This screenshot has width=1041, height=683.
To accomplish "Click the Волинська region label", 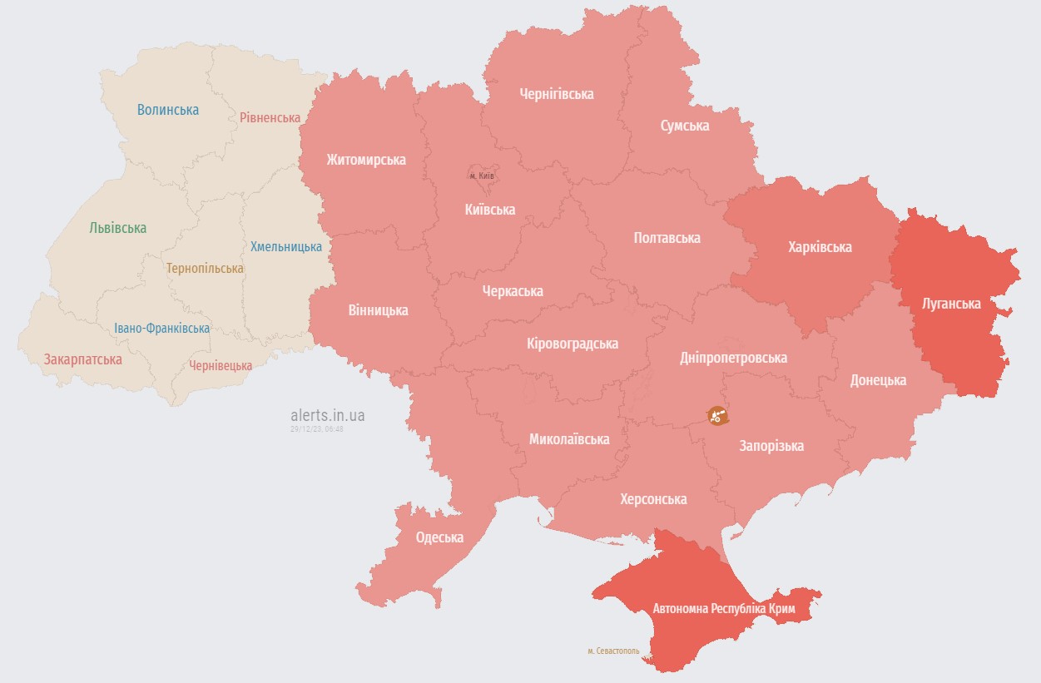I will point(168,110).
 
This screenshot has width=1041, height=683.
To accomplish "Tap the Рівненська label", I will point(270,117).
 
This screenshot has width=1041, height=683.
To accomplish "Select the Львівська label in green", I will point(117,228).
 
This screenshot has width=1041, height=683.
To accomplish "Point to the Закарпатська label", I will point(83,359).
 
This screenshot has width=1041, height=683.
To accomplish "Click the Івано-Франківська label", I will point(162,329).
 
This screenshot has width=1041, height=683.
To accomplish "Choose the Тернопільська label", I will point(205,269).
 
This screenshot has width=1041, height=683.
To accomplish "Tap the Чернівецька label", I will point(221,365).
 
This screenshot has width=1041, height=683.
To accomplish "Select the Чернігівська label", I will point(556,94).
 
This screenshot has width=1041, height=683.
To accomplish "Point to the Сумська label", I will point(685,126).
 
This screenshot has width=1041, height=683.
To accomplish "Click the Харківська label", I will point(820,247).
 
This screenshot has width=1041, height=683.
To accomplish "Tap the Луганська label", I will point(951,304).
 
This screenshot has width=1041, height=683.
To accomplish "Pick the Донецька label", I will point(878,380).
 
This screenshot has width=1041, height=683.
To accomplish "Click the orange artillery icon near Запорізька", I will point(717,415).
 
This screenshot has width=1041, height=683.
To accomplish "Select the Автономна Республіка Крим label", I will point(724,609).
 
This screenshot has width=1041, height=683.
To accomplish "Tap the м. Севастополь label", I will point(613,651).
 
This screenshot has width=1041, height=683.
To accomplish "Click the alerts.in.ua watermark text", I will point(328,414).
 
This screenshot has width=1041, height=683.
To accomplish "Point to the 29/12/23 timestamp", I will point(317,428).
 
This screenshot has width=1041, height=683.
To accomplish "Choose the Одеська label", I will point(439,537).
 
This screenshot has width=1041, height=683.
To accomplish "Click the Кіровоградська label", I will point(573,344).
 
